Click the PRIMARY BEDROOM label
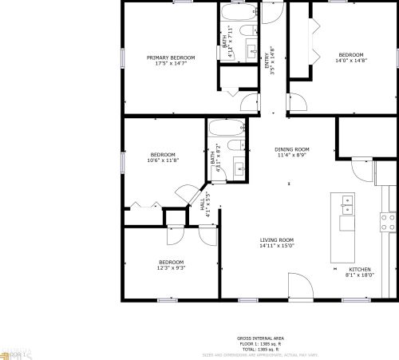[x=171, y=57]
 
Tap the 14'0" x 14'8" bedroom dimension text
[x=350, y=61]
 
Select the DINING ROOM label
[x=291, y=149]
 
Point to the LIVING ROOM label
[x=277, y=240]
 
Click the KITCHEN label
[x=361, y=270]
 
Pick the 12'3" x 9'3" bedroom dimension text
[x=171, y=268]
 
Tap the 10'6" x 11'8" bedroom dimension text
[x=163, y=160]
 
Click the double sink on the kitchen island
[x=346, y=205]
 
